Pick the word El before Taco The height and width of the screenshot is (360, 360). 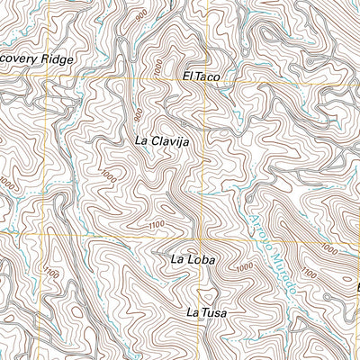[186, 78]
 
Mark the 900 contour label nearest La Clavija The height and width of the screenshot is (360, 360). [138, 114]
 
